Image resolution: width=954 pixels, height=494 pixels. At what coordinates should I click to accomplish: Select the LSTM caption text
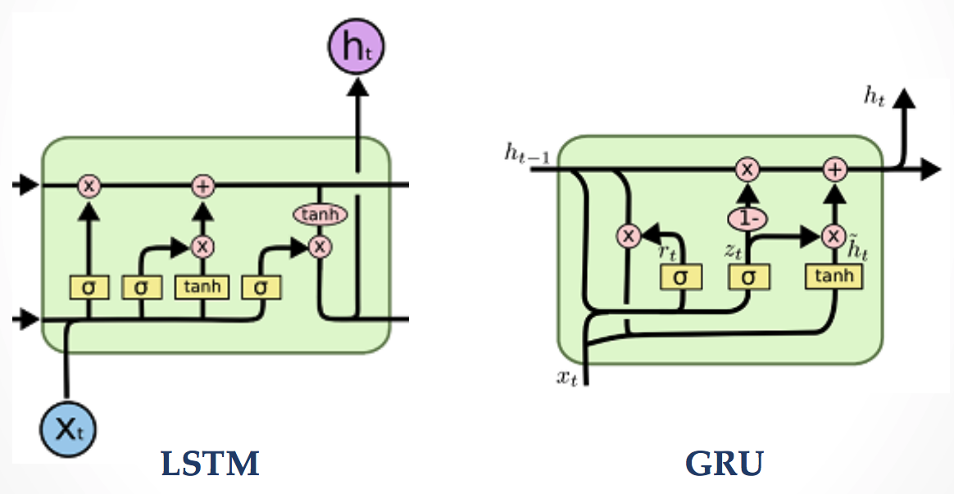(x=211, y=465)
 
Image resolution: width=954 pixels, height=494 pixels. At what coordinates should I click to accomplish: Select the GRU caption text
(x=725, y=465)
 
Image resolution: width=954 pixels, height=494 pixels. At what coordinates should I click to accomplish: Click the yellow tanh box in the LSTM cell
(x=202, y=287)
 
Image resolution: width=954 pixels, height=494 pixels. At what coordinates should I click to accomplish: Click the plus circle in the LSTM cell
(x=202, y=186)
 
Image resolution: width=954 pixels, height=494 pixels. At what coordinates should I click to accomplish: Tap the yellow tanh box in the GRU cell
(x=834, y=277)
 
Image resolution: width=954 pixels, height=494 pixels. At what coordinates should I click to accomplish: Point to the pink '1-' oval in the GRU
(x=746, y=219)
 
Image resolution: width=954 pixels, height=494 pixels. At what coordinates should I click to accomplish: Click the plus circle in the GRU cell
(x=834, y=170)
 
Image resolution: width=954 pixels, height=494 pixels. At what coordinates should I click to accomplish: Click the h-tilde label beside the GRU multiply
(x=857, y=249)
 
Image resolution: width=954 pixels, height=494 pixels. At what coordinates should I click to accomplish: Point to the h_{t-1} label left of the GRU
(x=528, y=152)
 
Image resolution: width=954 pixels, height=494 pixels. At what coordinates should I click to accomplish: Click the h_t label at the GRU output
(x=876, y=95)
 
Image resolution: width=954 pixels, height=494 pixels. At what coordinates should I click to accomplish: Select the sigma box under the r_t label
(x=680, y=277)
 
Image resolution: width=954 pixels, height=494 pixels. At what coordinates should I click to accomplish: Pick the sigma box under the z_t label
(x=746, y=277)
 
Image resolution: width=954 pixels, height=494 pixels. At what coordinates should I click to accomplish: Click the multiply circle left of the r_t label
(x=628, y=236)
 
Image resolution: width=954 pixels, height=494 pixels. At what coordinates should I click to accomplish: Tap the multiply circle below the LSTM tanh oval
(x=320, y=245)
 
